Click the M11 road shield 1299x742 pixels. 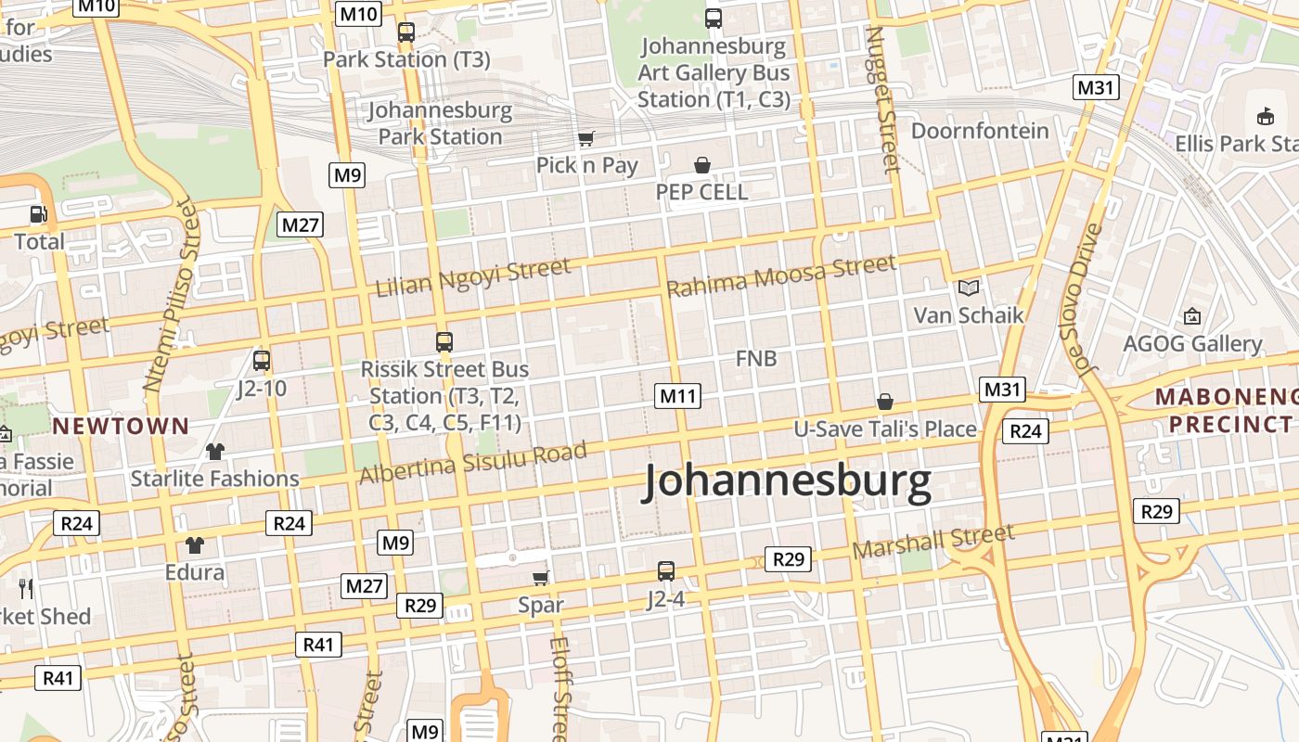pyautogui.click(x=677, y=396)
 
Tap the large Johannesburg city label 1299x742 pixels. pyautogui.click(x=787, y=482)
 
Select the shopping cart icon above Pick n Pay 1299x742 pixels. pyautogui.click(x=585, y=139)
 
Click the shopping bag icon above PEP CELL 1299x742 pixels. pyautogui.click(x=702, y=165)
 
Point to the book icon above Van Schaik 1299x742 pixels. pyautogui.click(x=969, y=288)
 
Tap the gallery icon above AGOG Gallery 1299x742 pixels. pyautogui.click(x=1192, y=317)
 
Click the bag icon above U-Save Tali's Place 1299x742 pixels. pyautogui.click(x=885, y=402)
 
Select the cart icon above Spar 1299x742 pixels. pyautogui.click(x=541, y=578)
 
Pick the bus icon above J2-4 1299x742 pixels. pyautogui.click(x=666, y=570)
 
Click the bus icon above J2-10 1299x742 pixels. pyautogui.click(x=262, y=360)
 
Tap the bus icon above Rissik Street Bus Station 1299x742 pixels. pyautogui.click(x=444, y=341)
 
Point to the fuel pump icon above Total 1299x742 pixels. pyautogui.click(x=38, y=214)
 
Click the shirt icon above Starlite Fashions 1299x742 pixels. pyautogui.click(x=215, y=452)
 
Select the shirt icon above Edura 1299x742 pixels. pyautogui.click(x=194, y=544)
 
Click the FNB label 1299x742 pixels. pyautogui.click(x=756, y=358)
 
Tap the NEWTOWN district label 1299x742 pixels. pyautogui.click(x=121, y=427)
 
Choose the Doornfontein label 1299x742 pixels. pyautogui.click(x=980, y=131)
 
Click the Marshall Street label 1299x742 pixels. pyautogui.click(x=932, y=541)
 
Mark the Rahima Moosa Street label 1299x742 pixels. pyautogui.click(x=781, y=275)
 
